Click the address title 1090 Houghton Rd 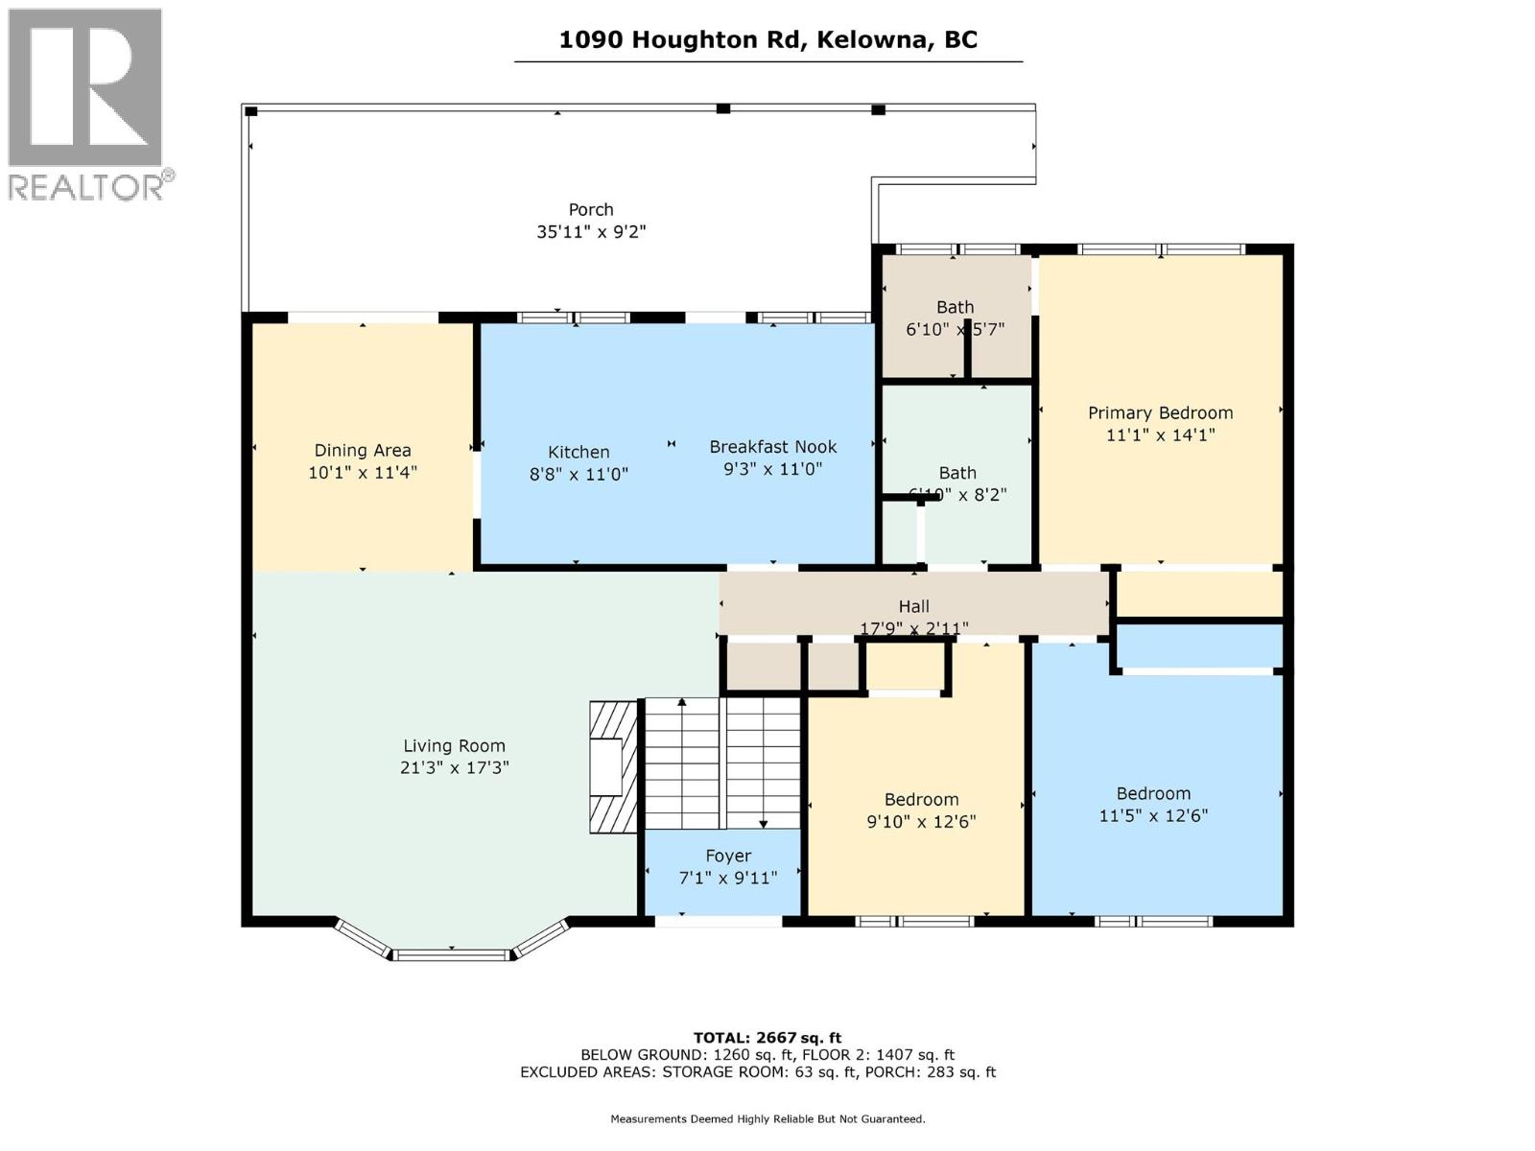pyautogui.click(x=767, y=39)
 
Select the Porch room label pyautogui.click(x=591, y=209)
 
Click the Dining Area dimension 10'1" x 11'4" pyautogui.click(x=363, y=472)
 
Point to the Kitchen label pyautogui.click(x=579, y=452)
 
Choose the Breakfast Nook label pyautogui.click(x=772, y=447)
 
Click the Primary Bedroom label pyautogui.click(x=1160, y=412)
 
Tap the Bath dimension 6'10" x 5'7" pyautogui.click(x=955, y=329)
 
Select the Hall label pyautogui.click(x=913, y=606)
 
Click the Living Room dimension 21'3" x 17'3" pyautogui.click(x=454, y=767)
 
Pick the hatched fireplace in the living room pyautogui.click(x=612, y=767)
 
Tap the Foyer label pyautogui.click(x=728, y=856)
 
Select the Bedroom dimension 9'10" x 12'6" pyautogui.click(x=921, y=822)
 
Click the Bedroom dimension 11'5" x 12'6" pyautogui.click(x=1153, y=816)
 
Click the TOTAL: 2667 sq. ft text pyautogui.click(x=767, y=1038)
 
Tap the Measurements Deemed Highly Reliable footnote pyautogui.click(x=767, y=1118)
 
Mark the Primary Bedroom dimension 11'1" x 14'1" pyautogui.click(x=1160, y=435)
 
